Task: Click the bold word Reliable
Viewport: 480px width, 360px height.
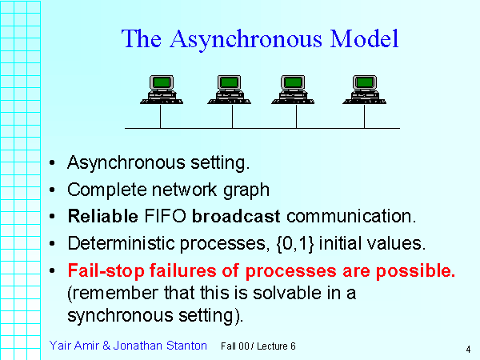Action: point(94,217)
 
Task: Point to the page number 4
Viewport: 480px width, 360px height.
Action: point(466,349)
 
